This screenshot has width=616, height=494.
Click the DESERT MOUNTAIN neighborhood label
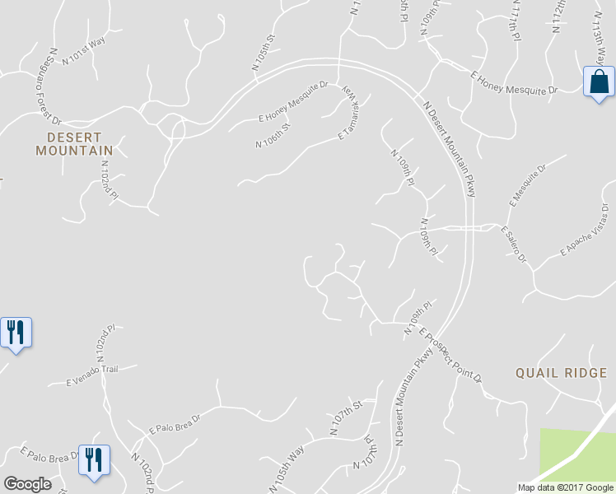[x=74, y=144]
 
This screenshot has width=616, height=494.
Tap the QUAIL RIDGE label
[x=560, y=373]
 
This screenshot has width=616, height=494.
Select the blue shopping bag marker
[x=599, y=82]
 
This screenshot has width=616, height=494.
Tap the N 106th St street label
[x=273, y=134]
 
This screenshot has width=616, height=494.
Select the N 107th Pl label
[x=366, y=455]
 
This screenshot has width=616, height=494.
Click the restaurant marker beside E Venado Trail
[x=16, y=332]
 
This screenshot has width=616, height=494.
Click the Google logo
[x=28, y=484]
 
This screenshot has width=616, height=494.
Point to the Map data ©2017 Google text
[x=566, y=487]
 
